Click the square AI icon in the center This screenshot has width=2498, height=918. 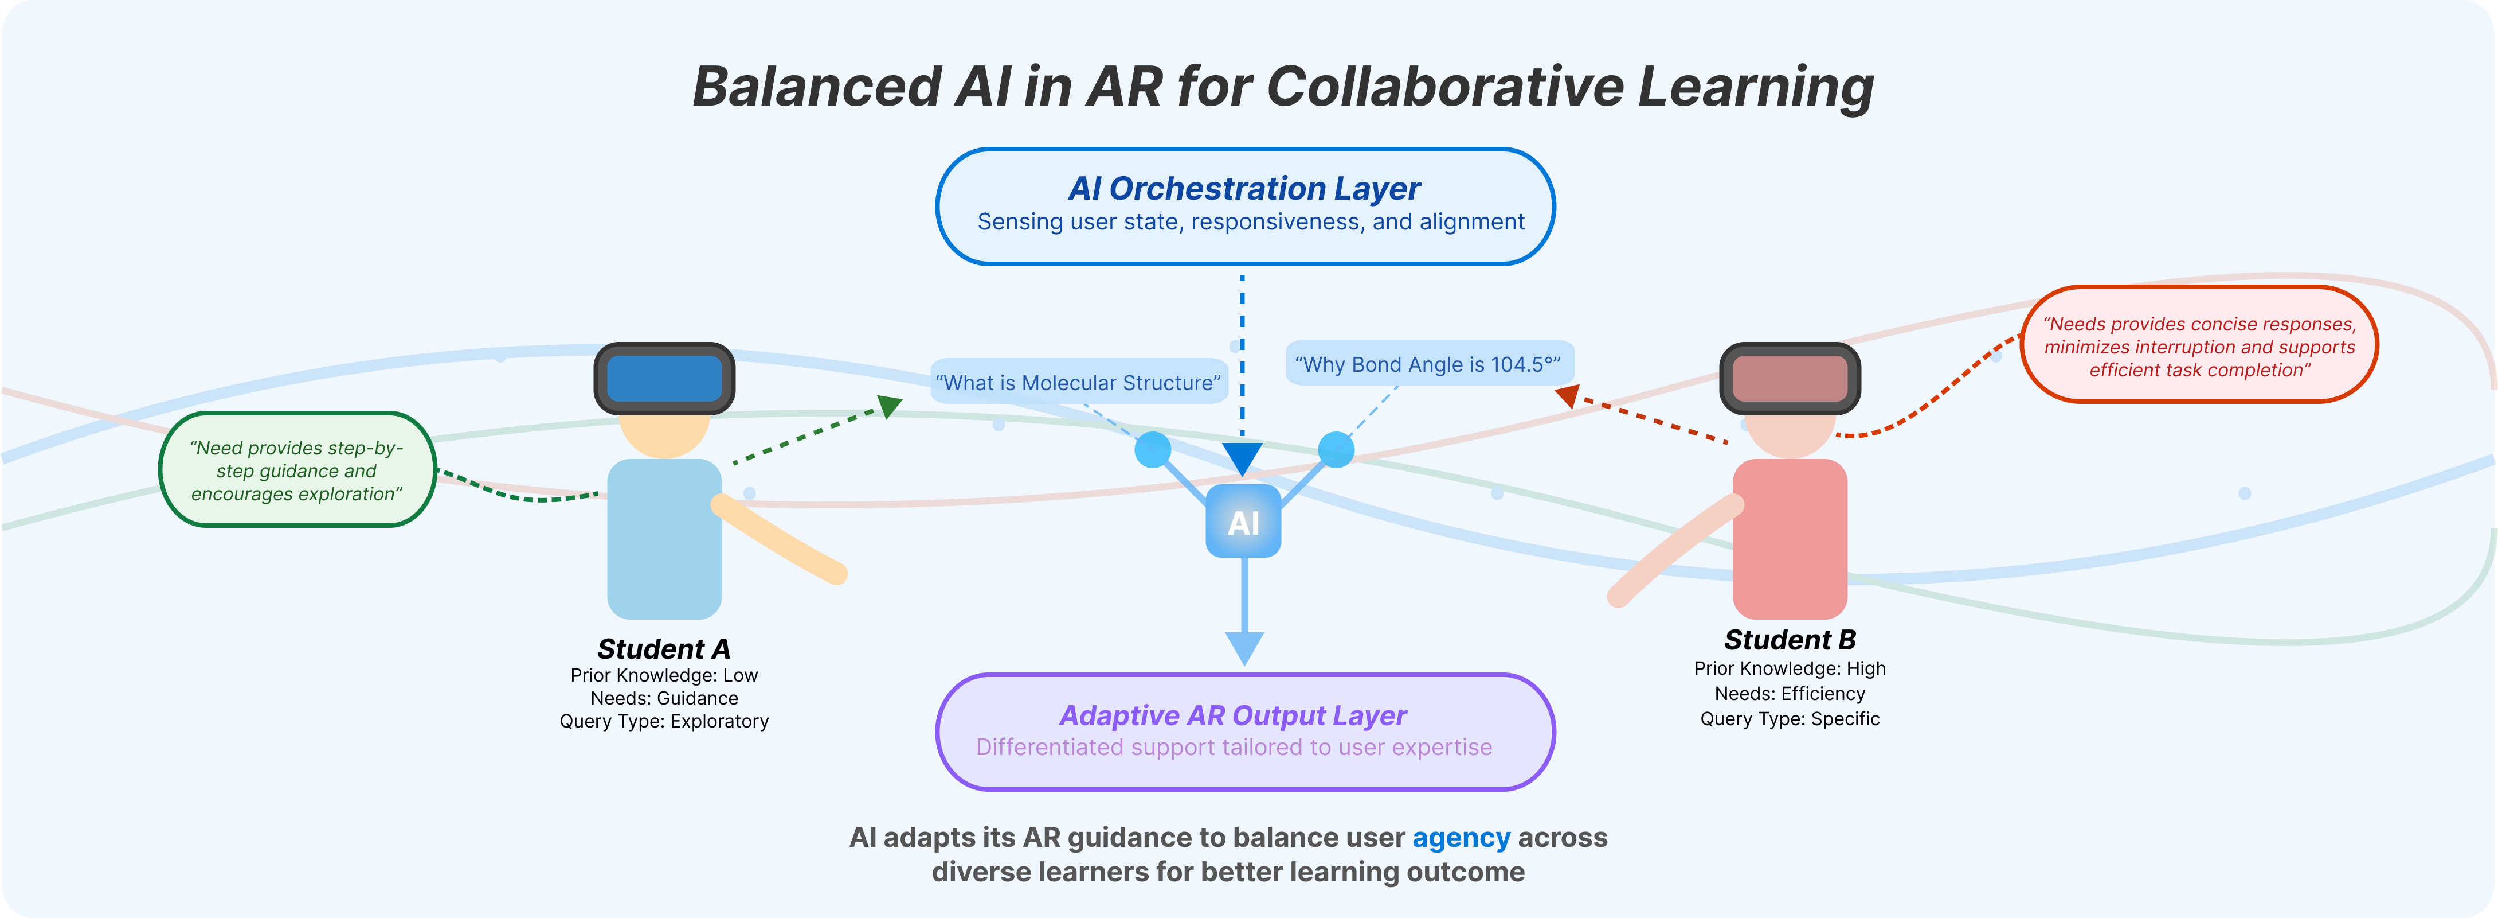1243,522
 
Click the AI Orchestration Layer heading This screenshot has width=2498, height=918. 1244,188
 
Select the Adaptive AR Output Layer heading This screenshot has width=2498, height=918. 1232,715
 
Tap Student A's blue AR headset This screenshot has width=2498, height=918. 664,379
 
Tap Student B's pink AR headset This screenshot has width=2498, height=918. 1789,379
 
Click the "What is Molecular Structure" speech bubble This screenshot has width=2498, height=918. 1078,382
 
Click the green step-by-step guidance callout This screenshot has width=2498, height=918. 297,470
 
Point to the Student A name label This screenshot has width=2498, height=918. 664,648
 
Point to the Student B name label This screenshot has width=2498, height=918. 1789,640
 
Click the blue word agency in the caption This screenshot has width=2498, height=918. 1461,838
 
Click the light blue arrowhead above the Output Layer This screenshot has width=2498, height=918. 1244,646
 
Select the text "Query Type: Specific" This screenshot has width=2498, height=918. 1789,719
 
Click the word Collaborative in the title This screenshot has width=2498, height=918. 1445,87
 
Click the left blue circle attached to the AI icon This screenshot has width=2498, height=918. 1152,449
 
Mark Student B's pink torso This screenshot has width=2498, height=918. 1789,539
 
